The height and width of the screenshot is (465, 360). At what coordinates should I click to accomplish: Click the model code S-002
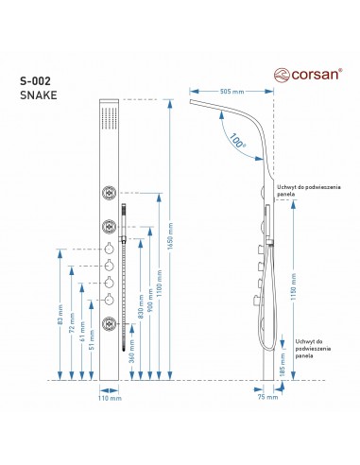(x=35, y=81)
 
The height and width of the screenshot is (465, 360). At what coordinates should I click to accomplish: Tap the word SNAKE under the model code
(x=39, y=95)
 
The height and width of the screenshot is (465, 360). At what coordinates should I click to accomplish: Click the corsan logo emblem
(x=282, y=75)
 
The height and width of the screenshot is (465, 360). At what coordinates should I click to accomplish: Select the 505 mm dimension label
(x=231, y=92)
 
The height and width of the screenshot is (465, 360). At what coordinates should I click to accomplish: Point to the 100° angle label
(x=237, y=141)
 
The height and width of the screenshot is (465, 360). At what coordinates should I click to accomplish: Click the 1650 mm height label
(x=170, y=236)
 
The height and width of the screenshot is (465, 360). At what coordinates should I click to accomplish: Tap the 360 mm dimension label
(x=132, y=351)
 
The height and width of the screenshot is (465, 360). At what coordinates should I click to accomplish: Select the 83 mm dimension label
(x=60, y=315)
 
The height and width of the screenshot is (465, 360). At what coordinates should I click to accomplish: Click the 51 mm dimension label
(x=92, y=339)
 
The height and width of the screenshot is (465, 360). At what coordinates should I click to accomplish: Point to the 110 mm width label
(x=110, y=398)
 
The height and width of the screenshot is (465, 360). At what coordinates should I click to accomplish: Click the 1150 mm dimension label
(x=293, y=286)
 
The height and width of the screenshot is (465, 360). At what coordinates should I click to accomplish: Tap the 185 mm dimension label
(x=283, y=365)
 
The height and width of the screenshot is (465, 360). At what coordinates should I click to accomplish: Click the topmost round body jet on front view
(x=109, y=193)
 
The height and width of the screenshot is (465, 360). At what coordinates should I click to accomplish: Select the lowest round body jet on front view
(x=109, y=323)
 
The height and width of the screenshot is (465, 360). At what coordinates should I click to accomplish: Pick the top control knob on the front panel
(x=109, y=249)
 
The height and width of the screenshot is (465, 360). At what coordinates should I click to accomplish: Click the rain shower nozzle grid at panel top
(x=110, y=118)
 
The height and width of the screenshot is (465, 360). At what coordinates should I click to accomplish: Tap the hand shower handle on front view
(x=124, y=220)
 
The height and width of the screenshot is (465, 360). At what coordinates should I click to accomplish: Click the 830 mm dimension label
(x=141, y=306)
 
